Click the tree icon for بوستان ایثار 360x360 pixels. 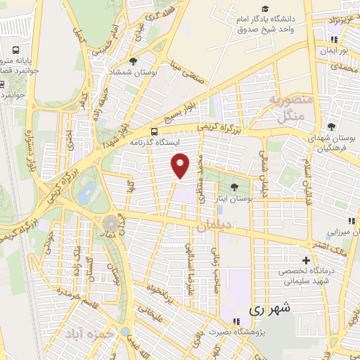[233, 186]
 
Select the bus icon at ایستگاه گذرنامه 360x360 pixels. [154, 131]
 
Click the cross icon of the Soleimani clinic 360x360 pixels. [307, 259]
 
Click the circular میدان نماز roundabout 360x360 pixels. [111, 224]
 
